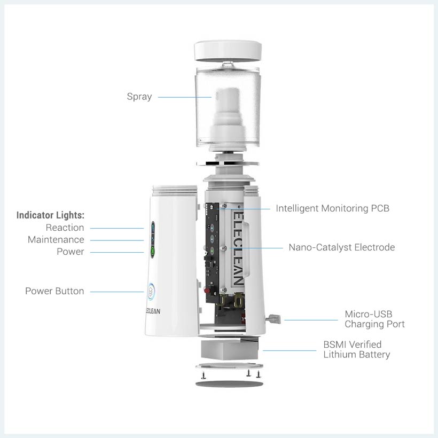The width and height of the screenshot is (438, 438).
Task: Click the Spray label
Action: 139,97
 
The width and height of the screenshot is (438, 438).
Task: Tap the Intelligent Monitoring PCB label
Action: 332,208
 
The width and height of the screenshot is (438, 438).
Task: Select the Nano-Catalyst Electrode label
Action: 342,247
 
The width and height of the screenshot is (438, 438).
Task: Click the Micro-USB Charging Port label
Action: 374,319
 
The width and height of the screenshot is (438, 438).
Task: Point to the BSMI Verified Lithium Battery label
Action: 356,349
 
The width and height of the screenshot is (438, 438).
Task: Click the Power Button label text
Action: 54,291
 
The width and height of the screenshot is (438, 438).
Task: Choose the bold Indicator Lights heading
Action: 50,215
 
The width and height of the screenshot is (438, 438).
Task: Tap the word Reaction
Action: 65,228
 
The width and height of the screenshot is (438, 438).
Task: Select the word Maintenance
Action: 56,240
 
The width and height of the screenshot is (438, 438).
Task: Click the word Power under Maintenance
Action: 70,252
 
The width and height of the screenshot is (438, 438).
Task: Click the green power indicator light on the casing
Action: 153,251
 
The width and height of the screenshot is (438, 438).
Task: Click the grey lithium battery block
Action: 230,350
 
